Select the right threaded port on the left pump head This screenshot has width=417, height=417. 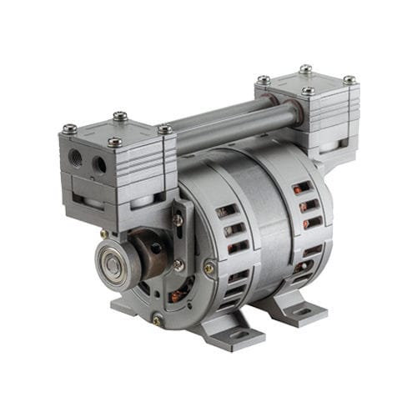click(x=101, y=163)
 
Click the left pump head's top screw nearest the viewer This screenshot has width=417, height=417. click(x=114, y=143)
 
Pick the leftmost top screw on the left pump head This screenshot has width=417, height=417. click(x=69, y=129)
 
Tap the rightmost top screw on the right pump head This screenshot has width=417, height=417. click(x=349, y=80)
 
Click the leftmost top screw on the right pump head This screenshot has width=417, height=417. click(x=264, y=80)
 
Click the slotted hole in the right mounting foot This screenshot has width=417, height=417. click(x=302, y=312)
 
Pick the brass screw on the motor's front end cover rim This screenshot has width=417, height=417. click(x=208, y=268)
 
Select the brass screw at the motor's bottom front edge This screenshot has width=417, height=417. click(x=157, y=319)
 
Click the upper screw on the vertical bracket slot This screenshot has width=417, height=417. click(x=178, y=219)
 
